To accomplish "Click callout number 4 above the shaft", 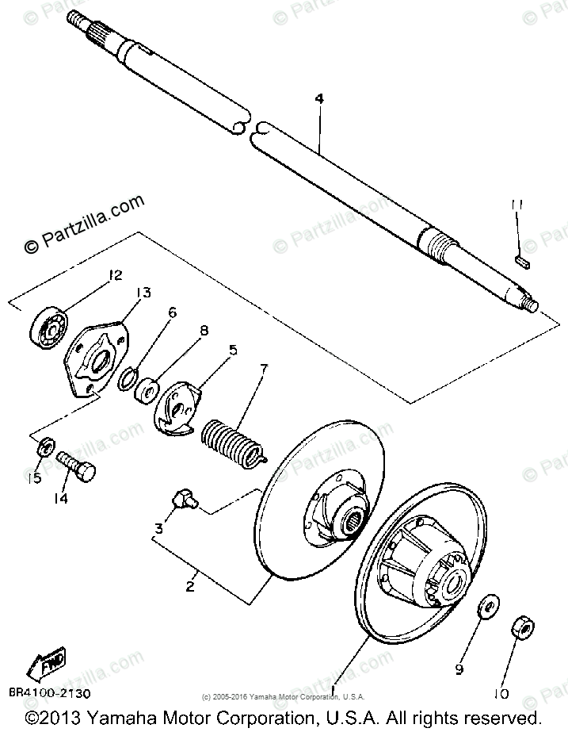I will pos(319,99).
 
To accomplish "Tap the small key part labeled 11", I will pos(520,256).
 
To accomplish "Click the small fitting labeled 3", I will pos(185,500).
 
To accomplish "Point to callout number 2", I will pos(189,588).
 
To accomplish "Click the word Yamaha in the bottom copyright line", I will pos(116,718).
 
